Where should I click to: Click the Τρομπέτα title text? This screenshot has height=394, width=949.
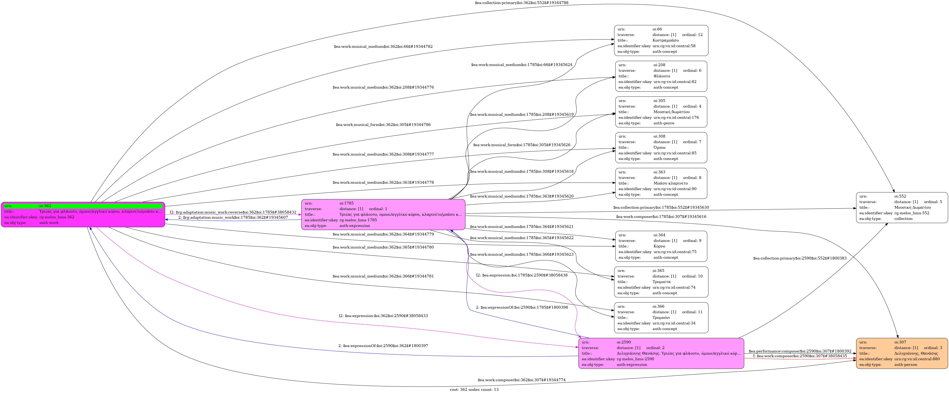661,282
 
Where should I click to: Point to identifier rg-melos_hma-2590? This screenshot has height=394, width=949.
635,359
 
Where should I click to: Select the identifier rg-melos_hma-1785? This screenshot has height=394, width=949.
358,220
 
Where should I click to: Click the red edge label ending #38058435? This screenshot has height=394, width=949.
799,356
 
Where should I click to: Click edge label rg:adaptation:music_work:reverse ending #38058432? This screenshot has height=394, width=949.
233,212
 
